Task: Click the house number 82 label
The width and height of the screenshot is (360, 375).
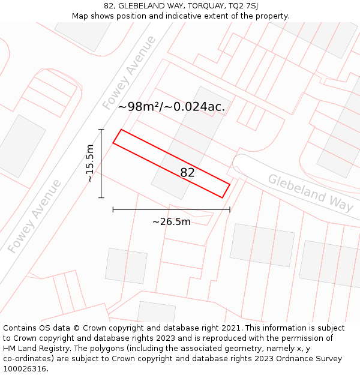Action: tap(187, 173)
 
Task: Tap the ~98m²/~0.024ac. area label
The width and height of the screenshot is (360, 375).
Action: tap(172, 107)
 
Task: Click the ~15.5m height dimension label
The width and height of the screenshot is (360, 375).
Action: tap(90, 163)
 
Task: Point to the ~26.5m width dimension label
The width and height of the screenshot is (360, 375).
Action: tap(171, 222)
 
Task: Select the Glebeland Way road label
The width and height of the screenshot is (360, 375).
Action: tap(310, 193)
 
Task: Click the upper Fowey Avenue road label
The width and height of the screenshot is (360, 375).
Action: tap(129, 73)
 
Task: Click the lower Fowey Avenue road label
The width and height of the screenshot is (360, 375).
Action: tap(34, 216)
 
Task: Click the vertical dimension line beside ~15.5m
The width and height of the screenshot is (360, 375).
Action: tap(101, 163)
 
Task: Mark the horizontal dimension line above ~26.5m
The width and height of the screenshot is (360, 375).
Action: tap(171, 209)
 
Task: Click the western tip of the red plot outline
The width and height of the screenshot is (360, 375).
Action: tap(113, 143)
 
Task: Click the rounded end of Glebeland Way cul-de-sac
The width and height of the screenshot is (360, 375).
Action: tap(241, 163)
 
